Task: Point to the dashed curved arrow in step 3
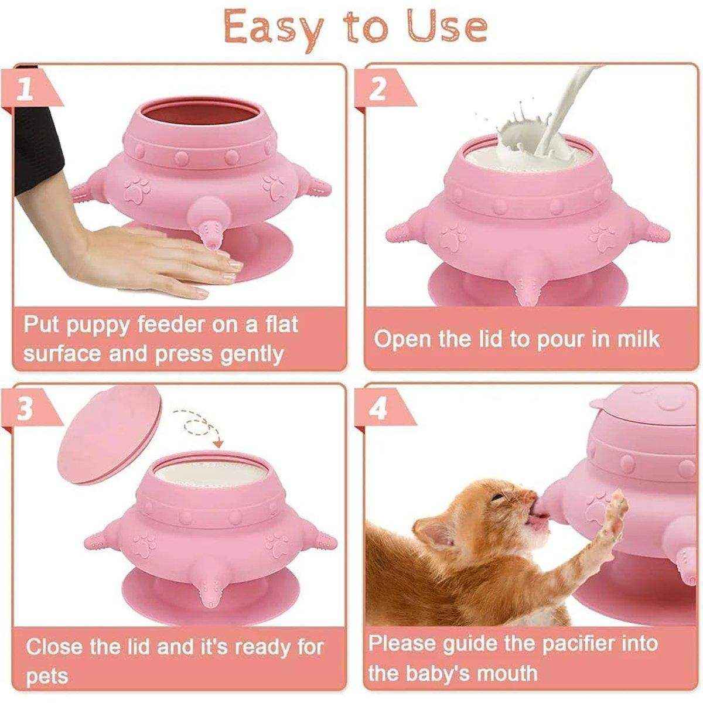[x=202, y=425]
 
